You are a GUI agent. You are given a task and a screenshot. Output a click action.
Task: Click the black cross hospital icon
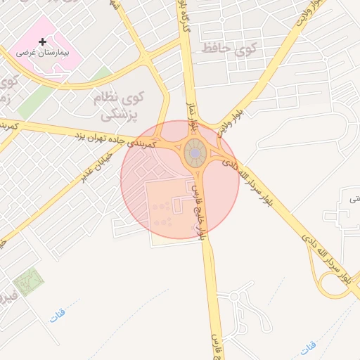[x=42, y=42]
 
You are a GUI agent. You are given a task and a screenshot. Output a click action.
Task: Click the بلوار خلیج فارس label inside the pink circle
[x=199, y=210]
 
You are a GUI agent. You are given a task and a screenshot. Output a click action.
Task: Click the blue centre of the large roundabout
[x=194, y=153]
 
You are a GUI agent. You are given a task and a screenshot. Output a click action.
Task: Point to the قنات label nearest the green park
[x=57, y=316]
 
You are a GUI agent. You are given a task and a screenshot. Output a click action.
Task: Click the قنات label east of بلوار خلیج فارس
[x=307, y=347]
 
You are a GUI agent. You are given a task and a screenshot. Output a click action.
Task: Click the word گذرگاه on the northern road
[x=186, y=18]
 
